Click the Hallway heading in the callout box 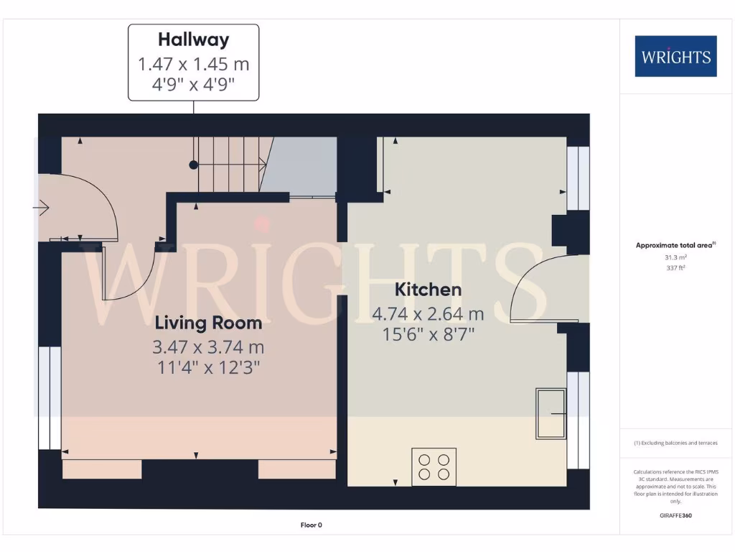point(193,39)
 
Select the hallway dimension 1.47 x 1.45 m point(193,64)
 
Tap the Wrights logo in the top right point(675,56)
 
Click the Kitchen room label point(428,290)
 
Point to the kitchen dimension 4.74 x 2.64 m point(428,314)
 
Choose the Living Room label point(208,323)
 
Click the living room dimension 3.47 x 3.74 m point(208,348)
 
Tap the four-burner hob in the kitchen point(434,466)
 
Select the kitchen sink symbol point(551,414)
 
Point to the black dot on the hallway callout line point(193,165)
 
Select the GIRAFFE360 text point(675,515)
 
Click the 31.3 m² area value point(675,257)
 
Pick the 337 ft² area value point(675,267)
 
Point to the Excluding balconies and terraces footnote point(675,443)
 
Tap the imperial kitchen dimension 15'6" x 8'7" point(428,333)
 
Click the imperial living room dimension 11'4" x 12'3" point(208,367)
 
